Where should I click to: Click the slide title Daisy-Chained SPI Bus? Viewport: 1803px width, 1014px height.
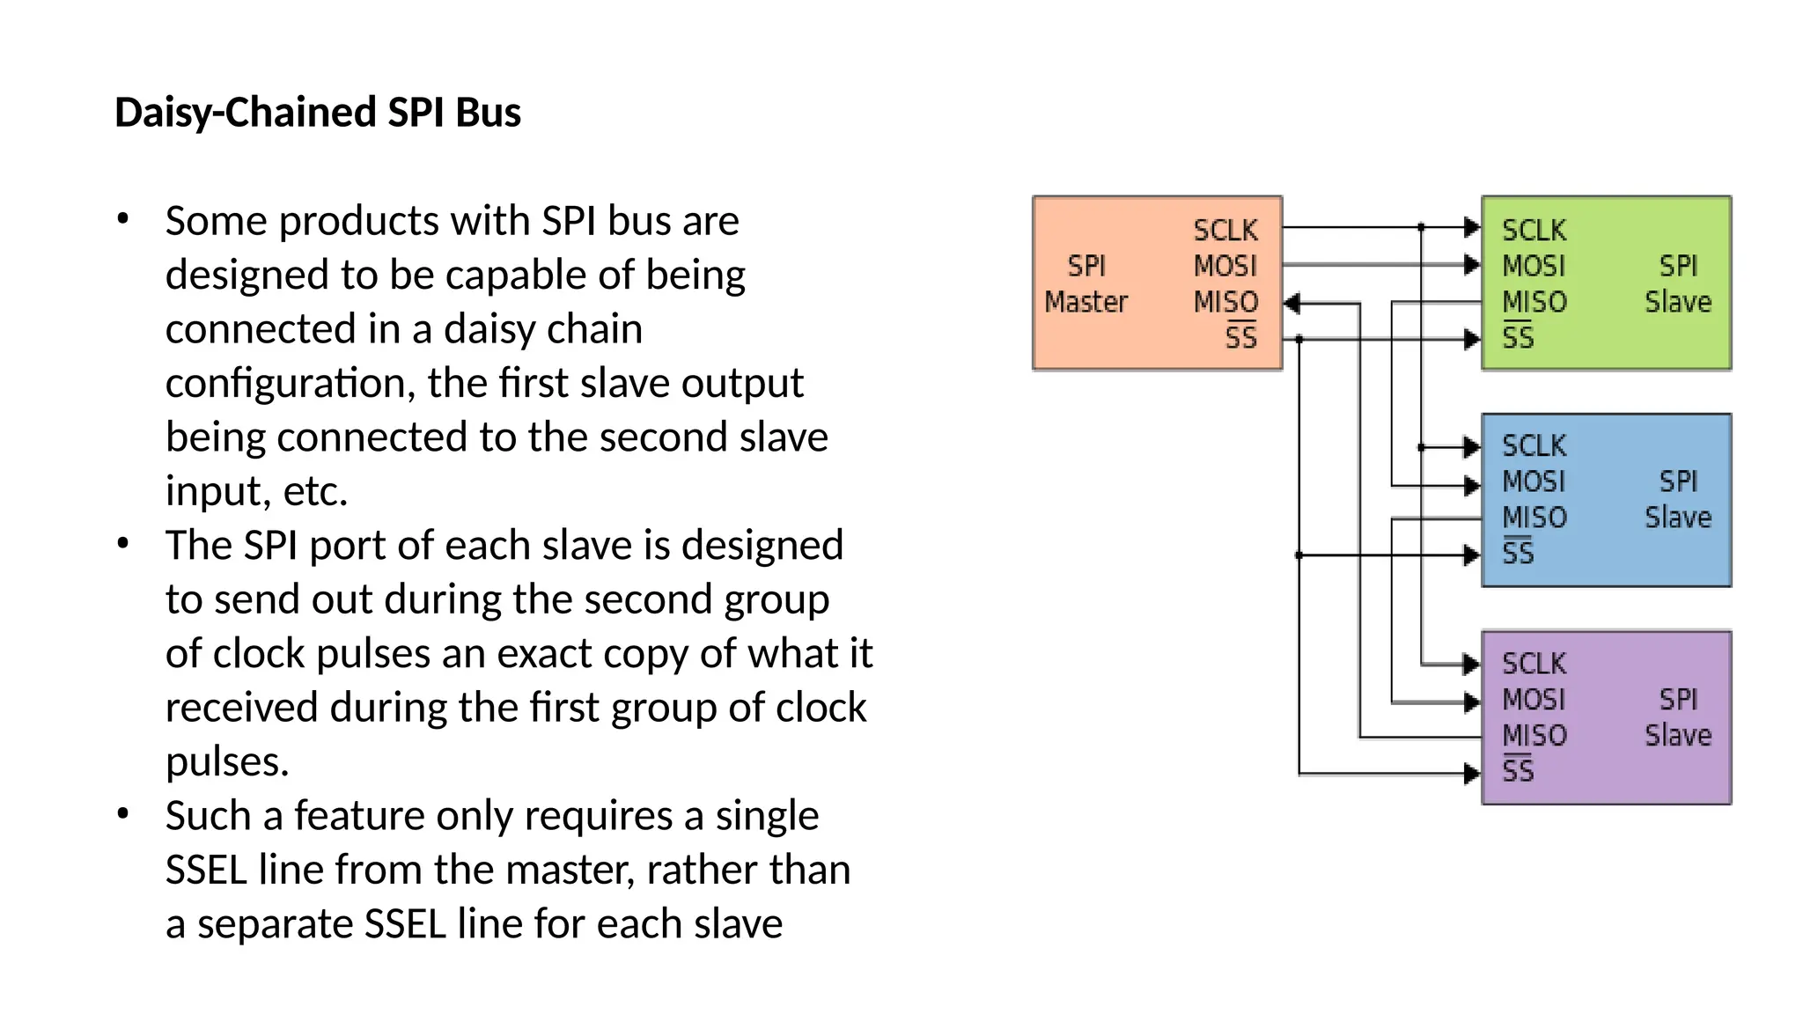[x=318, y=113]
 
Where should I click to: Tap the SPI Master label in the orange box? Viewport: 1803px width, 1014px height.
[x=1085, y=283]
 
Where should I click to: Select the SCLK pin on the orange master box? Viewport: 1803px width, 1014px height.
[x=1225, y=230]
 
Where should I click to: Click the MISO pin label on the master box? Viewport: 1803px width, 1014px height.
[x=1225, y=302]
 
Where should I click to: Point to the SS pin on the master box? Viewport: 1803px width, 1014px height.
[x=1240, y=337]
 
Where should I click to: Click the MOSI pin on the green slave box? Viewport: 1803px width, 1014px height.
[x=1533, y=266]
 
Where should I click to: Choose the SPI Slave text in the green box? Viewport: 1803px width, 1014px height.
[x=1678, y=283]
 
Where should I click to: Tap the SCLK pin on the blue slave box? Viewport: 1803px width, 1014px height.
[x=1534, y=445]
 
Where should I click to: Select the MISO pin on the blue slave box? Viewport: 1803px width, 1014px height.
[x=1534, y=518]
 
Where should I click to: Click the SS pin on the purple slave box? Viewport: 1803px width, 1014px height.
[x=1518, y=770]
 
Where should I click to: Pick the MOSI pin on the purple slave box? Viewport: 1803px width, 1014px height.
[x=1533, y=700]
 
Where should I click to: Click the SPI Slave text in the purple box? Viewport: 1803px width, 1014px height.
[x=1678, y=717]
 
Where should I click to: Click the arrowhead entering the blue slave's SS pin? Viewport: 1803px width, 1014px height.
[x=1471, y=555]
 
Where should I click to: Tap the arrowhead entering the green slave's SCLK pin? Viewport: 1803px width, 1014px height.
[x=1471, y=227]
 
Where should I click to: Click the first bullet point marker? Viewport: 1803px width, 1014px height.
[x=123, y=218]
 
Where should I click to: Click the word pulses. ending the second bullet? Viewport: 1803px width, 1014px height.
[x=227, y=761]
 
